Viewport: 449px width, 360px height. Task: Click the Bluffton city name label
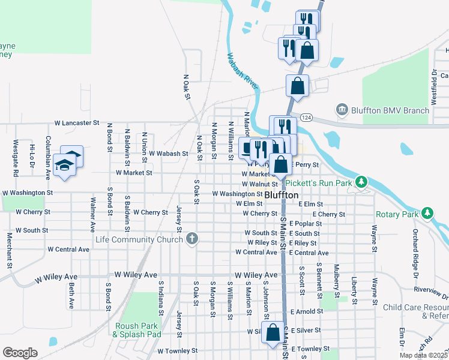click(x=282, y=195)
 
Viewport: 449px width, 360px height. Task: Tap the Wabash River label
click(x=242, y=73)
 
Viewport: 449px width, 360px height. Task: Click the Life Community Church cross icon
click(x=191, y=240)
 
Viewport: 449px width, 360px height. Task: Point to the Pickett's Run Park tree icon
click(x=361, y=181)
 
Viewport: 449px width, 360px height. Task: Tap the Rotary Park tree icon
click(x=427, y=214)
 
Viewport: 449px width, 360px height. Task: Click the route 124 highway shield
click(x=307, y=116)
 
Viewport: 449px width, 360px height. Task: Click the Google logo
click(x=20, y=353)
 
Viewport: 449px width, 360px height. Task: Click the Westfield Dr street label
click(x=434, y=83)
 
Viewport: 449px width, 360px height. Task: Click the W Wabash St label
click(x=169, y=154)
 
